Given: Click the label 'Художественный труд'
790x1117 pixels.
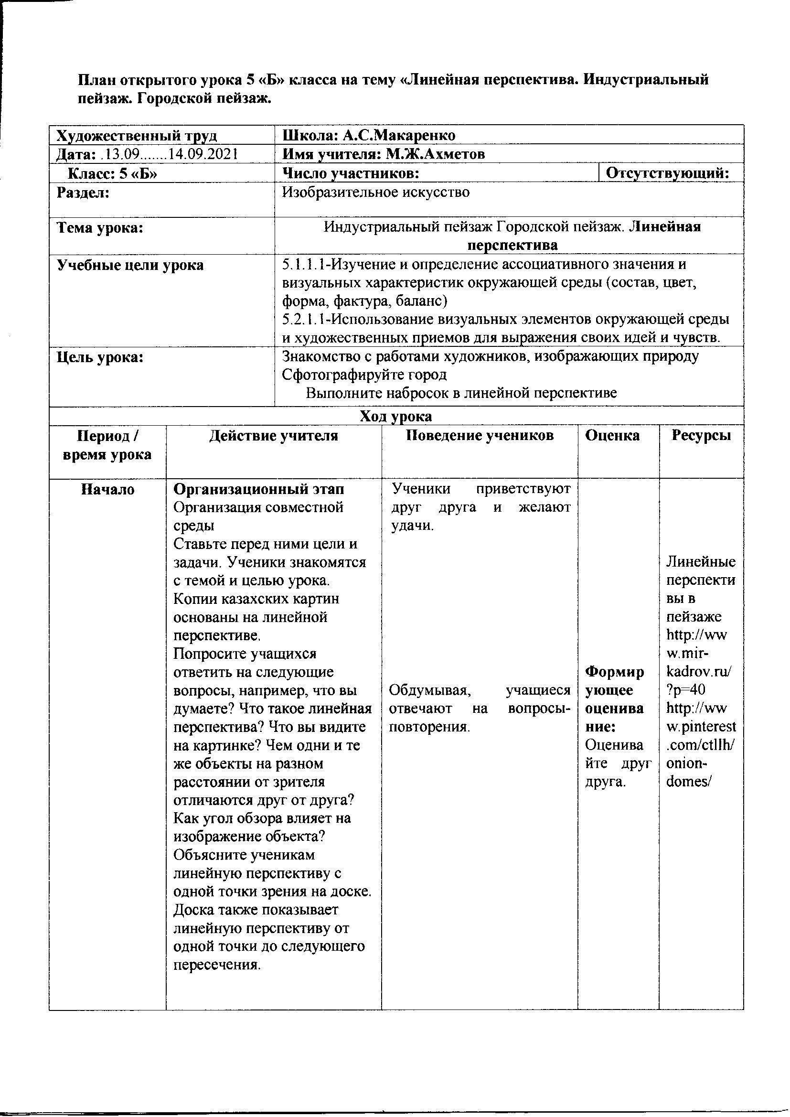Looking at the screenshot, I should (137, 135).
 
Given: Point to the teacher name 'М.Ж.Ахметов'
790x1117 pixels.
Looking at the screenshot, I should (436, 154).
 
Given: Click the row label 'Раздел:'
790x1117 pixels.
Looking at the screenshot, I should (83, 193).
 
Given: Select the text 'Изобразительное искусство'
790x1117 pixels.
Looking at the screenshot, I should (376, 193).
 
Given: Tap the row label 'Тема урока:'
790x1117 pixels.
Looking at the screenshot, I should (100, 228).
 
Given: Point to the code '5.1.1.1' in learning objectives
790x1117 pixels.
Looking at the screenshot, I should (298, 265).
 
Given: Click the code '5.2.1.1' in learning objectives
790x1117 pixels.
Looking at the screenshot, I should (298, 320).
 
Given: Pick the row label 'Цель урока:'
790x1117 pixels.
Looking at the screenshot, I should (100, 357).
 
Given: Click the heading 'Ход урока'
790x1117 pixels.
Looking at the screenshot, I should (395, 416).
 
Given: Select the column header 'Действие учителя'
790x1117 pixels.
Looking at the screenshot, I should (273, 435).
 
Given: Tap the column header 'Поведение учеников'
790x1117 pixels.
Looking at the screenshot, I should (480, 435).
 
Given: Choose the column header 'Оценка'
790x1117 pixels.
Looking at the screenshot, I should (612, 435).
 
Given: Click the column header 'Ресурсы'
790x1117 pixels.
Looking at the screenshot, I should (701, 435).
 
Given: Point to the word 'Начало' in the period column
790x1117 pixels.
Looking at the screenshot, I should (107, 489).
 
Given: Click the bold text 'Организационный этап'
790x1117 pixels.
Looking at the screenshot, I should (259, 489).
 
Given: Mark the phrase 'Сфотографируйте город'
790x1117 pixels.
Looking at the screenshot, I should (364, 375).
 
